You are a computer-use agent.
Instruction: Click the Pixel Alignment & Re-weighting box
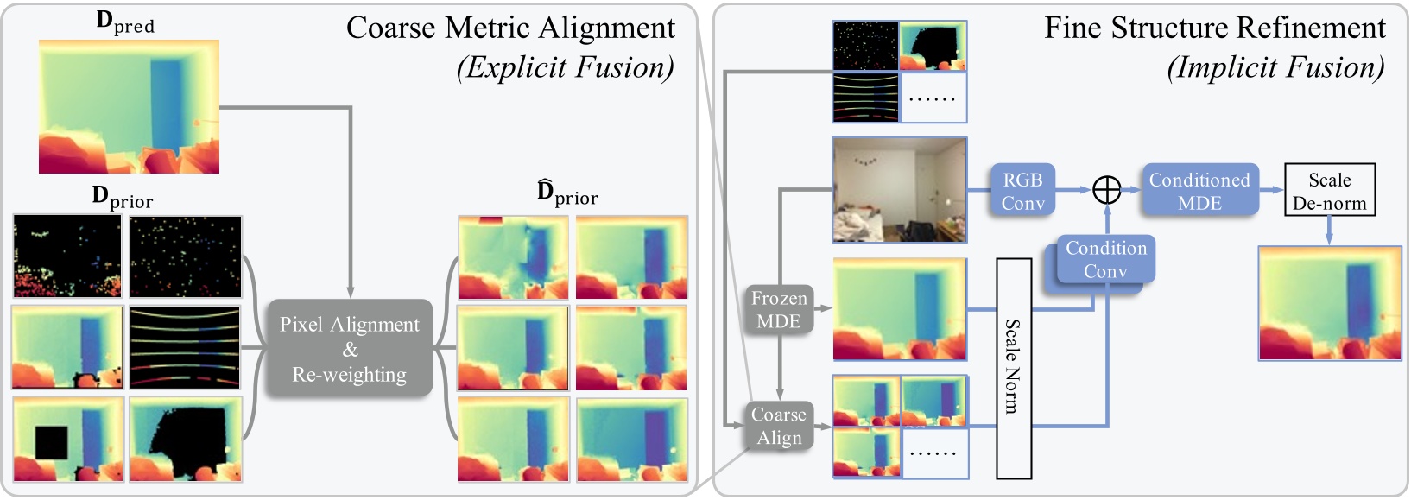click(x=349, y=349)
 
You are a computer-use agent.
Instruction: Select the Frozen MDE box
click(x=779, y=310)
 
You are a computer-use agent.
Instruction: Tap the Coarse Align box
click(x=779, y=426)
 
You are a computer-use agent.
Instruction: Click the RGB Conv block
click(x=1022, y=191)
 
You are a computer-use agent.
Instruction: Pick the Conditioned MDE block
click(x=1199, y=191)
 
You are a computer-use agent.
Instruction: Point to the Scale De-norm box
click(x=1329, y=191)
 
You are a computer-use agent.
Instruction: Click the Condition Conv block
click(x=1105, y=260)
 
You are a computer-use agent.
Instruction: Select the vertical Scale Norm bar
click(x=1014, y=368)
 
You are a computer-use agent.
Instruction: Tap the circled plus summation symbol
click(x=1106, y=190)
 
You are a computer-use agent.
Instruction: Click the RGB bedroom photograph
click(x=899, y=190)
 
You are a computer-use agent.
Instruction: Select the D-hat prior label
click(x=566, y=193)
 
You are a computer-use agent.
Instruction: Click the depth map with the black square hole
click(x=66, y=439)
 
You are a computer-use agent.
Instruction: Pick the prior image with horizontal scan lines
click(x=186, y=347)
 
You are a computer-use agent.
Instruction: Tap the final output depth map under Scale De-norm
click(x=1329, y=303)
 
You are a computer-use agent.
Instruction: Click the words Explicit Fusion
click(x=565, y=67)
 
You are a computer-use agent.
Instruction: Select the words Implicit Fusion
click(x=1275, y=67)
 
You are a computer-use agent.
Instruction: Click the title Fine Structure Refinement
click(x=1214, y=28)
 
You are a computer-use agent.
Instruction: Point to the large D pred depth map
click(x=129, y=107)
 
